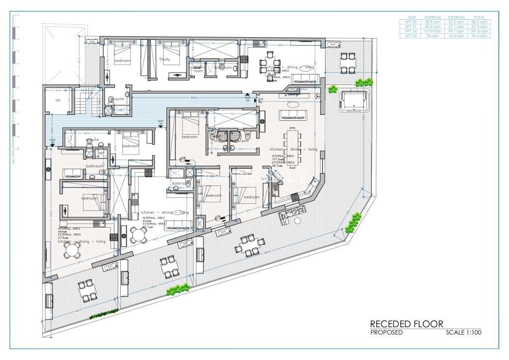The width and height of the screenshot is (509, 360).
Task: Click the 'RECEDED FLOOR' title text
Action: (406, 324)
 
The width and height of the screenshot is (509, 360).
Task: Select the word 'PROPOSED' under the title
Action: (386, 333)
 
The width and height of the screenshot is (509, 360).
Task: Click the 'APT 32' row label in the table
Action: (411, 31)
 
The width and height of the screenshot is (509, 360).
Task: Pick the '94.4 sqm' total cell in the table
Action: (480, 36)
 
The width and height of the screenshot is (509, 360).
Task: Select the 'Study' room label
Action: (165, 59)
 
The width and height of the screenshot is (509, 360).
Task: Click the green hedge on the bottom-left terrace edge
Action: (104, 313)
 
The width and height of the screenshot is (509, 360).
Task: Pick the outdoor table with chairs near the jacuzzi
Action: (347, 63)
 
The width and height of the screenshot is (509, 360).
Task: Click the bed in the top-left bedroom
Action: (122, 51)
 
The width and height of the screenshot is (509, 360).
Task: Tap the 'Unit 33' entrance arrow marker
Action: (247, 95)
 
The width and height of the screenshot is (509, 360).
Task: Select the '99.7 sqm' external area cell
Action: (456, 31)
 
